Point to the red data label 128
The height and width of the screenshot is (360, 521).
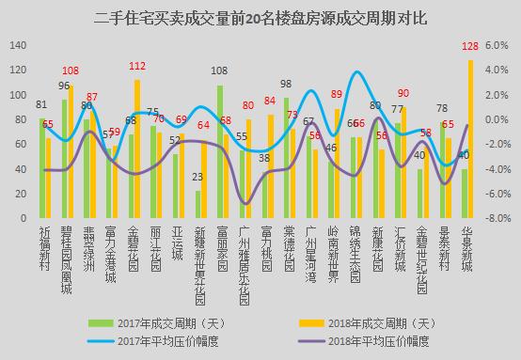(x=470, y=47)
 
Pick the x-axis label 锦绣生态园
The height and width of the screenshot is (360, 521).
(x=355, y=254)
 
